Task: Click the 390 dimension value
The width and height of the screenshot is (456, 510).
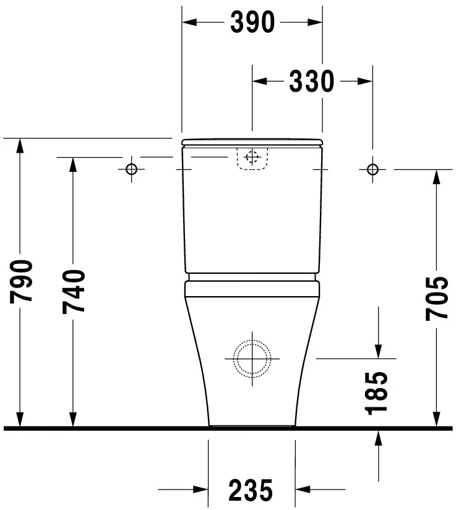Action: point(252,23)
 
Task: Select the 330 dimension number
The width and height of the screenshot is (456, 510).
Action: point(311,81)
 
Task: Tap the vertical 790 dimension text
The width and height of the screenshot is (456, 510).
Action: point(22,282)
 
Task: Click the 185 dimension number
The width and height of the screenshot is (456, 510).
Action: point(377,393)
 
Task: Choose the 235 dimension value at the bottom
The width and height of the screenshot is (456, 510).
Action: point(251,491)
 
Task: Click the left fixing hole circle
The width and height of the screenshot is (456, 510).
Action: point(131,169)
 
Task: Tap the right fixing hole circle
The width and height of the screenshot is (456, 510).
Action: point(372,169)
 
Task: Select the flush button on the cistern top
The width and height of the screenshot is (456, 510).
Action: point(252,157)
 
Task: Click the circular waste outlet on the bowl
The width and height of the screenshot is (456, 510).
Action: point(252,359)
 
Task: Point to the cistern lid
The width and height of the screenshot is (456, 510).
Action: point(252,143)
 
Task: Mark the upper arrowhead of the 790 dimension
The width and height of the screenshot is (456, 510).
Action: point(20,146)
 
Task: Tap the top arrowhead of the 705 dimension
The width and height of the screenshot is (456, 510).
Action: point(436,177)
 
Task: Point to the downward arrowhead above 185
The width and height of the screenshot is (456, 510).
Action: point(378,351)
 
